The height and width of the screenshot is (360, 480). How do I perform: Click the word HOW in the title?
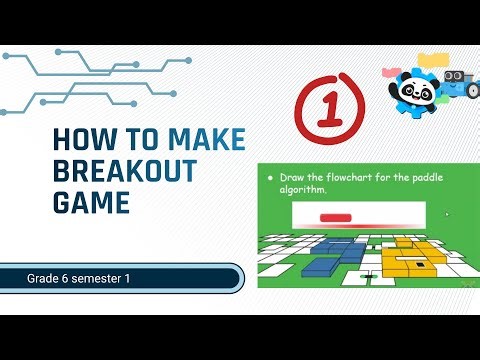(x=76, y=140)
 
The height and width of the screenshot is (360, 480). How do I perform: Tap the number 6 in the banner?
(x=74, y=277)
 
